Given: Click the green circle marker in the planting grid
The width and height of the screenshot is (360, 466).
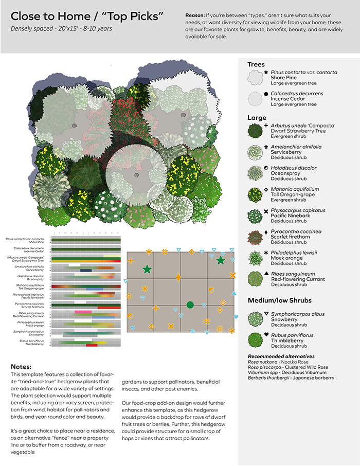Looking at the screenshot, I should tap(190, 305).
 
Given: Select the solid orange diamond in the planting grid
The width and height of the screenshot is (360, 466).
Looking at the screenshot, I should tap(178, 278).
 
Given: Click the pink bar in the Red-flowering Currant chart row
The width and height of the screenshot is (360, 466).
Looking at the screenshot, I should tap(82, 312).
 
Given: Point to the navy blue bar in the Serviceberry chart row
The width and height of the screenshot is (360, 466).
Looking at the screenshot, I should tap(86, 270).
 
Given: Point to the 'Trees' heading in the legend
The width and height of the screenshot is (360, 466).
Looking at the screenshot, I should tap(256, 64).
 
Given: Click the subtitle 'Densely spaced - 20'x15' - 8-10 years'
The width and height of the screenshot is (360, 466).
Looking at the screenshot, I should tap(61, 28).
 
